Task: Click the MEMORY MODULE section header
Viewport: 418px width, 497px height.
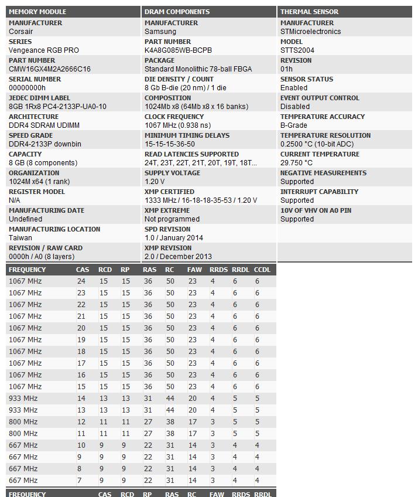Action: coord(37,12)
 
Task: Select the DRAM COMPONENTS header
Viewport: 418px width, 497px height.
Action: coord(177,12)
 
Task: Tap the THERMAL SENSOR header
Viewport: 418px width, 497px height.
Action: coord(309,12)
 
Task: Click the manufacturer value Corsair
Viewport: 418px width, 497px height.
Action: coord(21,32)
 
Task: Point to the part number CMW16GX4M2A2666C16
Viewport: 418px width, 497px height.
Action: coord(50,69)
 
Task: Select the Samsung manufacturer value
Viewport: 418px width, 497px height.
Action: coord(160,32)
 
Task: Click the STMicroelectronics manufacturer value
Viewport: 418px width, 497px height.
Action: coord(310,32)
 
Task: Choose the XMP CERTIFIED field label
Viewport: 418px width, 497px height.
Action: coord(169,192)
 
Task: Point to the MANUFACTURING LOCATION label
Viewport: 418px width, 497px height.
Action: coord(54,229)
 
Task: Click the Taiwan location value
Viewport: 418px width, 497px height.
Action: coord(20,238)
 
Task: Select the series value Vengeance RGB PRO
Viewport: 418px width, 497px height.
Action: coord(44,50)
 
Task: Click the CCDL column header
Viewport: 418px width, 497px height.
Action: coord(262,270)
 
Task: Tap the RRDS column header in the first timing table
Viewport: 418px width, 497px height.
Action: coord(218,270)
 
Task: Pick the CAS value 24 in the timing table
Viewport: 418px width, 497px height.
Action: coord(81,281)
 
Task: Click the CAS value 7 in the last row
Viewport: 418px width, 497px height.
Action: coord(79,481)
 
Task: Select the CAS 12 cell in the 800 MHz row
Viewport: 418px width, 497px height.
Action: coord(81,422)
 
